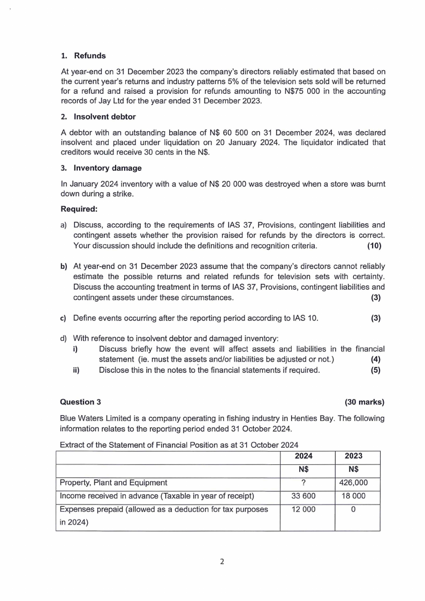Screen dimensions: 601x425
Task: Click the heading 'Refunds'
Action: click(x=89, y=56)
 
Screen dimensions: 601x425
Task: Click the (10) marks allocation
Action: click(x=374, y=246)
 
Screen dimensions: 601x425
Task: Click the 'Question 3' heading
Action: click(x=80, y=402)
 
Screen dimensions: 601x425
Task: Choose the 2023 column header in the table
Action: click(x=353, y=456)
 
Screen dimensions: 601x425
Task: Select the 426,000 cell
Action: click(x=353, y=482)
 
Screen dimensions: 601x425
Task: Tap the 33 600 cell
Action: click(x=303, y=495)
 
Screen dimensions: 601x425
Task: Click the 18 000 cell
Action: click(x=353, y=495)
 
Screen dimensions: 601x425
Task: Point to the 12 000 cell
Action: click(x=303, y=509)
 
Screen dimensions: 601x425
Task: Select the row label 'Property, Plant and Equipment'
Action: click(x=113, y=482)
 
